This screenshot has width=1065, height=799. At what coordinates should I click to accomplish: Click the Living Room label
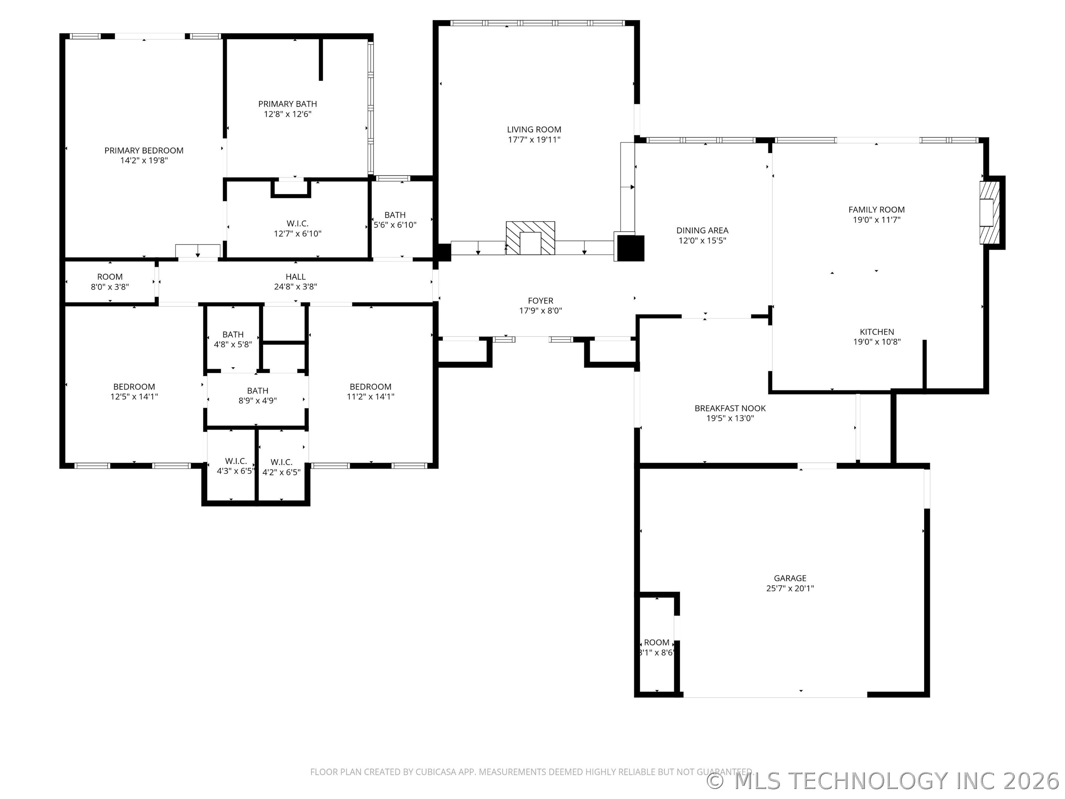coord(534,129)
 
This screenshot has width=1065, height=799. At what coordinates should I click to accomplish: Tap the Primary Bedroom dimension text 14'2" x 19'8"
coord(144,161)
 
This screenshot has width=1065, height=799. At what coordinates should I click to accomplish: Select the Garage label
coord(790,578)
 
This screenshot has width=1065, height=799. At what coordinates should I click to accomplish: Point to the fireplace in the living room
coord(530,238)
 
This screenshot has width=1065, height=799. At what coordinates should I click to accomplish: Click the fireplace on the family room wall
coord(990,212)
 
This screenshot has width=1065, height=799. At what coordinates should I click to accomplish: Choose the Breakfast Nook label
coord(730,408)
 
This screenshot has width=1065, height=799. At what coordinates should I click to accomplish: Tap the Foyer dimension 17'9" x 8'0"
coord(540,311)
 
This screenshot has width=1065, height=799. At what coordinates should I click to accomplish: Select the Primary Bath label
coord(287,104)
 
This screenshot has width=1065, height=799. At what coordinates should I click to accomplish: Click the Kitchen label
coord(877,332)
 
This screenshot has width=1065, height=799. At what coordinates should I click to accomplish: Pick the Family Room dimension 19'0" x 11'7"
coord(876,220)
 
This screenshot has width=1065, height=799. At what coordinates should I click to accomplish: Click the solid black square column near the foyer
coord(631,248)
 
